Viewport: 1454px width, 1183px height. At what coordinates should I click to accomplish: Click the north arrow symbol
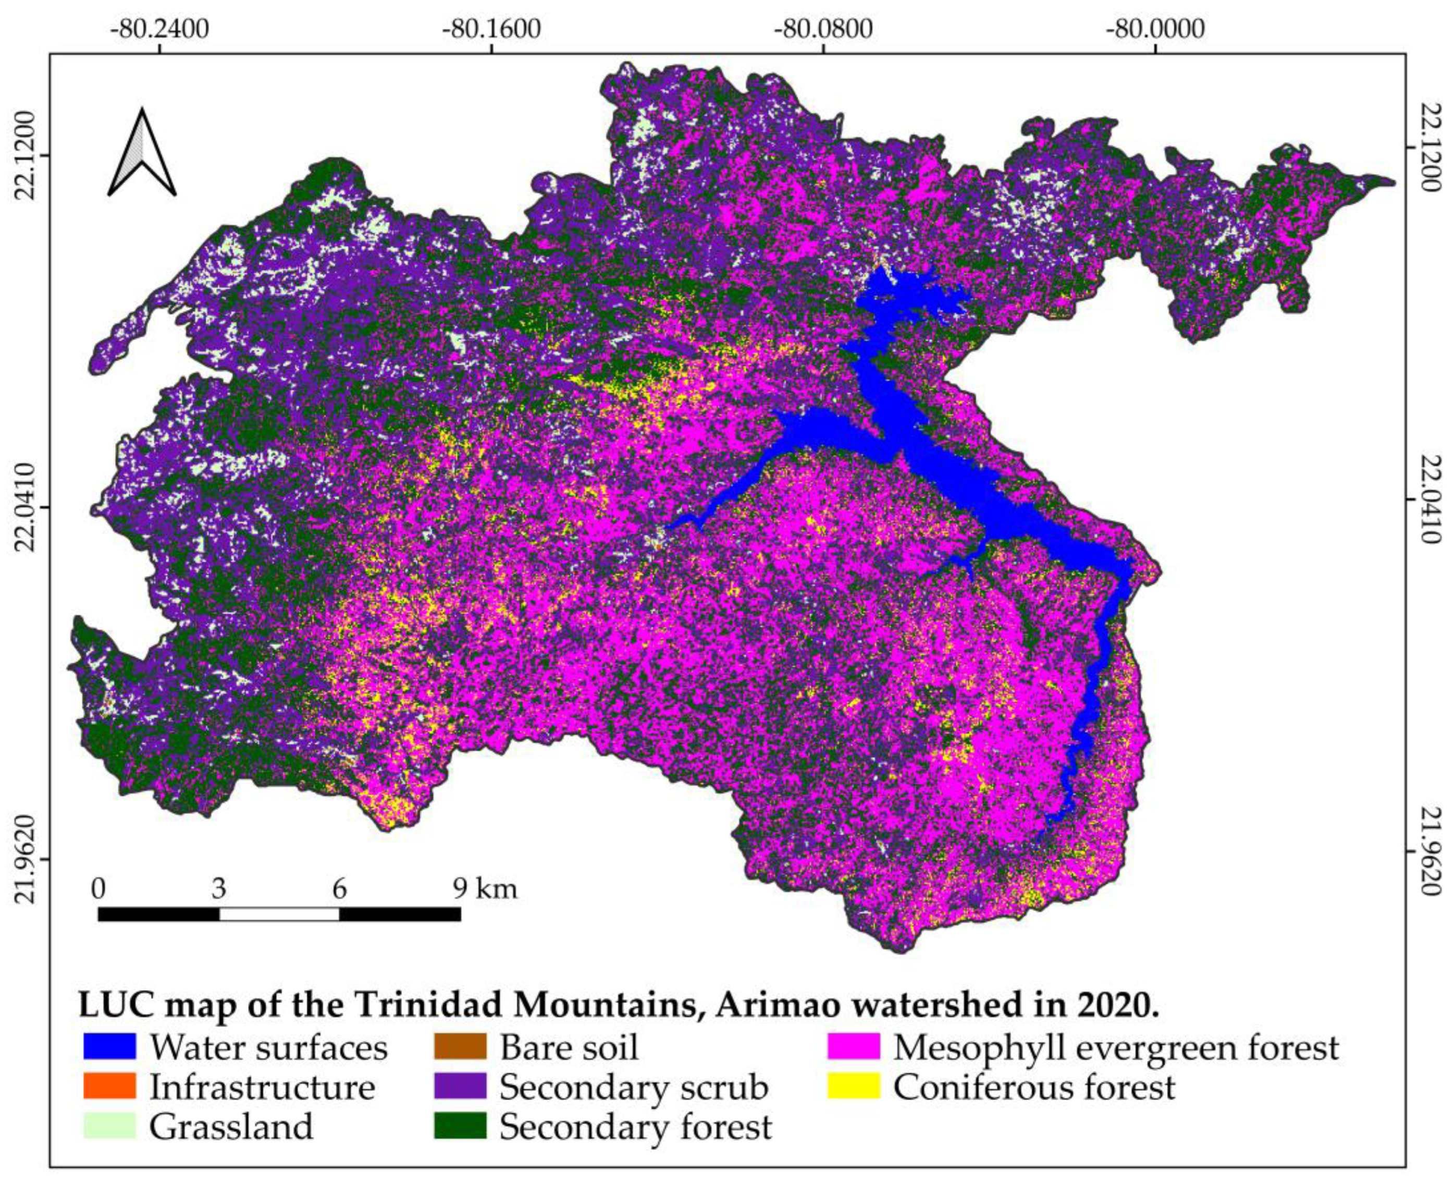click(x=142, y=153)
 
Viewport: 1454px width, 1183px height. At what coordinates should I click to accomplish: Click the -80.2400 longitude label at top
click(x=160, y=29)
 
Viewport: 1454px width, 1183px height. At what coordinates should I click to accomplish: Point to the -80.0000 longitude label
click(x=1156, y=29)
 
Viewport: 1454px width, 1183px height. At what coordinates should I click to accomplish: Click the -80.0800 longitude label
click(x=823, y=29)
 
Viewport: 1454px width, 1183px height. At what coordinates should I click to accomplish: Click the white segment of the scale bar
click(x=279, y=914)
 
